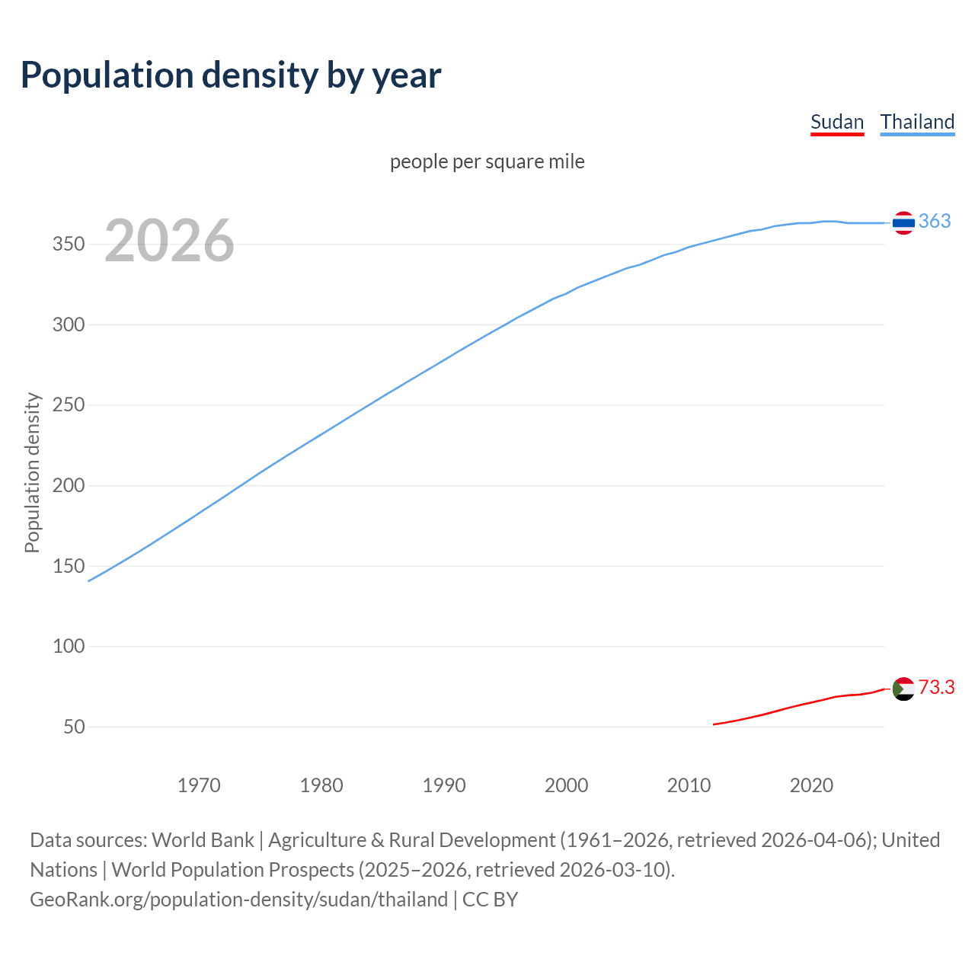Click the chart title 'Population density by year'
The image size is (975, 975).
pos(231,75)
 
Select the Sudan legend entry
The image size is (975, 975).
pos(836,122)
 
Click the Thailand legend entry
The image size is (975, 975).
pos(917,122)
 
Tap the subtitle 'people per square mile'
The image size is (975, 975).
pos(487,161)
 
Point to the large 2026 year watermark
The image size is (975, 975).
pos(169,241)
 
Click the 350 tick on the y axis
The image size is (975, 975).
pos(68,245)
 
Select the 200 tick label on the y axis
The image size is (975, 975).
pos(68,485)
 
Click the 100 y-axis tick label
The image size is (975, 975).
pos(68,646)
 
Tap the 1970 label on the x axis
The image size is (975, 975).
pos(199,785)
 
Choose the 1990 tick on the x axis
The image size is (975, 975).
pos(444,785)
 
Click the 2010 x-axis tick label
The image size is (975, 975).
pos(689,785)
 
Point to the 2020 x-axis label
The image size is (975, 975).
pos(811,785)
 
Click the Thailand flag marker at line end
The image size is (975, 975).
pos(903,222)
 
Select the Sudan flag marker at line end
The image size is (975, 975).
pos(903,689)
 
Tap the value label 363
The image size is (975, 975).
pos(935,221)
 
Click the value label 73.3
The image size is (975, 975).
pos(936,687)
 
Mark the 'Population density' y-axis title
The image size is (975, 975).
pos(32,472)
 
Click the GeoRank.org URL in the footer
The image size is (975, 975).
pos(238,900)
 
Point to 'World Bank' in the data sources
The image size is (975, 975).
pos(203,840)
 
